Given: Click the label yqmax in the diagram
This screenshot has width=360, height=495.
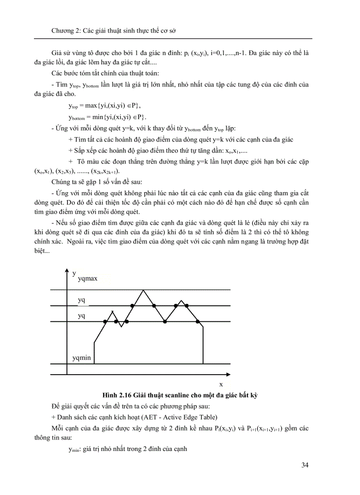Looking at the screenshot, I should click(87, 279).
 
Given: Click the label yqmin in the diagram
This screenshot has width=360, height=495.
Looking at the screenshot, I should click(82, 357).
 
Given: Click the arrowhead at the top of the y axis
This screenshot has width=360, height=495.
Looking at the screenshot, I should click(67, 270).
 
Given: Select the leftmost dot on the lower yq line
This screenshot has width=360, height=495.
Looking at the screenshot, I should click(105, 322).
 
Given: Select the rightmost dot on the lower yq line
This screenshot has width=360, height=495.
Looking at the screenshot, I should click(197, 322).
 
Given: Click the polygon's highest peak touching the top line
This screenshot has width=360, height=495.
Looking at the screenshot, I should click(143, 290).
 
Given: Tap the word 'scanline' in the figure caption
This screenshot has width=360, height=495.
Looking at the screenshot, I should click(173, 395).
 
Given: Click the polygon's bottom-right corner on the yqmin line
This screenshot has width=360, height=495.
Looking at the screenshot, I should click(202, 363).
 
